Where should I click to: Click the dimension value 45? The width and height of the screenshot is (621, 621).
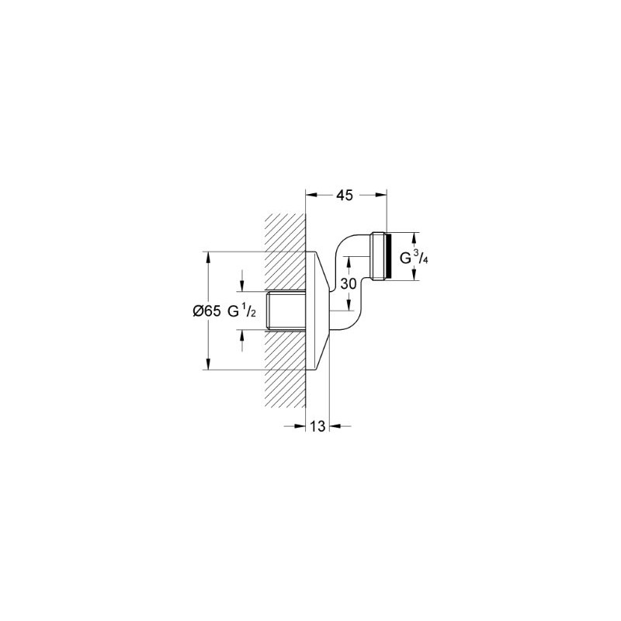tap(345, 196)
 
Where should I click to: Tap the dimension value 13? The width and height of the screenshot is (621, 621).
tap(317, 425)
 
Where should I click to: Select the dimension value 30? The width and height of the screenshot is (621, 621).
tap(349, 284)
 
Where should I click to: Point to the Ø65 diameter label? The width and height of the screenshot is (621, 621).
tap(206, 310)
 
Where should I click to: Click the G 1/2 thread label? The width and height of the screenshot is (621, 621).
tap(242, 310)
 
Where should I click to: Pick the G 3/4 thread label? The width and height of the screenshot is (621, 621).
tap(414, 257)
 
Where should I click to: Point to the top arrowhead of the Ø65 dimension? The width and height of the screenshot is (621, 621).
tap(208, 256)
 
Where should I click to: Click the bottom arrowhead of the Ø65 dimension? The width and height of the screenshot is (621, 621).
tap(208, 366)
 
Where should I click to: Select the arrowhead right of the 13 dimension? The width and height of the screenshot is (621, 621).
tap(336, 425)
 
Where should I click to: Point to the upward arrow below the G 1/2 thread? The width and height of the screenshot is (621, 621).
tap(242, 335)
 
